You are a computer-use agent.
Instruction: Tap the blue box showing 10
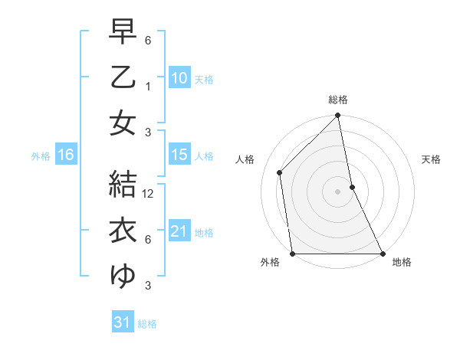click(179, 77)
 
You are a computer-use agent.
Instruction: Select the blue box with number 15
click(179, 155)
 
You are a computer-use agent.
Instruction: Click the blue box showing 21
click(179, 231)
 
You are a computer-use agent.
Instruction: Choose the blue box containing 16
click(66, 155)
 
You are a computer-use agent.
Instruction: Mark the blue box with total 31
click(122, 322)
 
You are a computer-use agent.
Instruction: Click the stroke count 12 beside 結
click(149, 194)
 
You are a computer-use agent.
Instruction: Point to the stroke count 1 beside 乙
click(147, 87)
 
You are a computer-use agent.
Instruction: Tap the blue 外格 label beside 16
click(41, 155)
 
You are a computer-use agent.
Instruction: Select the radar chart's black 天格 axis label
click(431, 159)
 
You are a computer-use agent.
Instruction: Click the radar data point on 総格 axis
click(337, 116)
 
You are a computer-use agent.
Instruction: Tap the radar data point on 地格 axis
click(382, 253)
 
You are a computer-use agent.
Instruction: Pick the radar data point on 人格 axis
click(280, 172)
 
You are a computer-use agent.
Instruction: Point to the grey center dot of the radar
click(337, 191)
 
